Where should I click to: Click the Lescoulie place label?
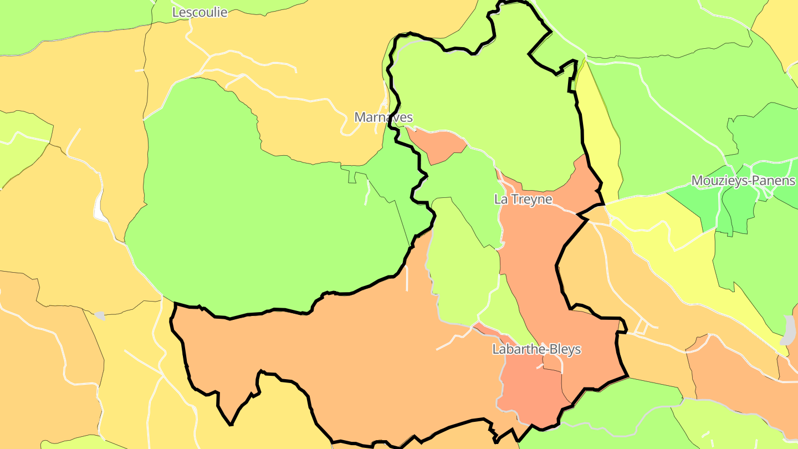point(199,12)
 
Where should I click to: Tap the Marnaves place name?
point(383,118)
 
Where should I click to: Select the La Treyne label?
point(523,200)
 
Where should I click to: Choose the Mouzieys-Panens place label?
point(743,181)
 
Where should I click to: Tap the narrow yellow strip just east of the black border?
point(601,139)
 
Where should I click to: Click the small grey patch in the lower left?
point(100,315)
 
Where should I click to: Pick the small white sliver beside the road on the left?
point(99,208)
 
